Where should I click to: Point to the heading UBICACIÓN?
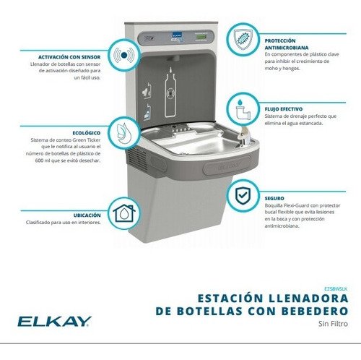pos(86,214)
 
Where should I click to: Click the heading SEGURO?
pos(274,197)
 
